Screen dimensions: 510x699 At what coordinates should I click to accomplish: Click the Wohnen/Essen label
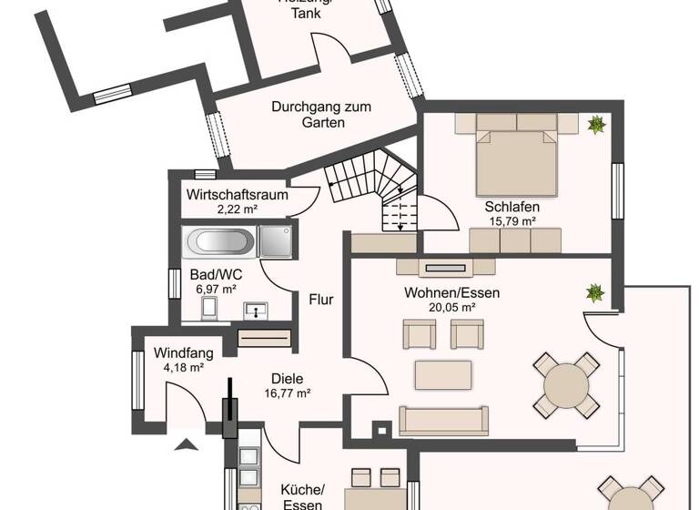(451, 293)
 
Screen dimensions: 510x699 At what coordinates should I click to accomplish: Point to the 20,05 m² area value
(452, 307)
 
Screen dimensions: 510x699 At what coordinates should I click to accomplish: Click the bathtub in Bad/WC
(220, 241)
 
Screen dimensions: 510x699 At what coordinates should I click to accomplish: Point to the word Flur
(320, 299)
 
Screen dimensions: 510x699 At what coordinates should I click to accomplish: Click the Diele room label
(287, 379)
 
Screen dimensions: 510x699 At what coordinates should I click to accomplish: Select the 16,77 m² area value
(287, 393)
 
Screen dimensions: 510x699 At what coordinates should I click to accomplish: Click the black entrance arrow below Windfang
(187, 444)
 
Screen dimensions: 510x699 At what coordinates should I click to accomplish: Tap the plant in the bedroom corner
(596, 124)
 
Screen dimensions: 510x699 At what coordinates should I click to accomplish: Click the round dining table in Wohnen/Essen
(566, 386)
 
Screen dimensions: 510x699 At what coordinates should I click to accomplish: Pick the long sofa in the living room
(443, 420)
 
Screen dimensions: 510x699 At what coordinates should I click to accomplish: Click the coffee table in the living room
(443, 374)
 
